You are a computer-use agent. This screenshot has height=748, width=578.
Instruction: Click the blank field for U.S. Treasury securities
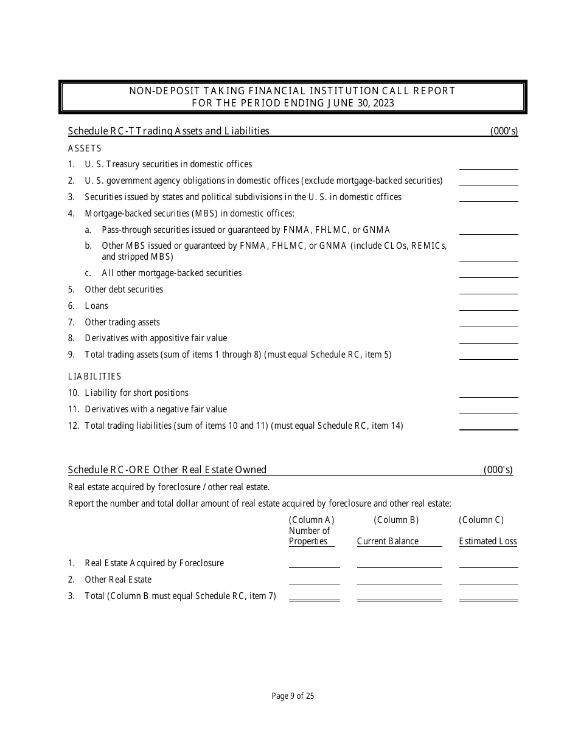tap(489, 164)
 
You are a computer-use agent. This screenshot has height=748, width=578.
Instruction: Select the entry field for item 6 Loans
tap(489, 306)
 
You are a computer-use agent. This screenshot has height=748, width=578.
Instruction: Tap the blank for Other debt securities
tap(489, 289)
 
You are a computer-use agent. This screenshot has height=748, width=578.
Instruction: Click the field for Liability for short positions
tap(489, 393)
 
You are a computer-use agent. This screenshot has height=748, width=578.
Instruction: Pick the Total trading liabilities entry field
tap(489, 425)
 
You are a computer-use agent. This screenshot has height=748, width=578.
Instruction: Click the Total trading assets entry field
tap(489, 354)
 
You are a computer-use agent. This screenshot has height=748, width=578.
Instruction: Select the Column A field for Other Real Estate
tap(314, 579)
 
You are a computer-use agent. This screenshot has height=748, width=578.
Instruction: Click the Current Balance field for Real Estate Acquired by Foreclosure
tap(399, 563)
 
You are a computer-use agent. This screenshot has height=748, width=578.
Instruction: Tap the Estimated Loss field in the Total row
tap(489, 595)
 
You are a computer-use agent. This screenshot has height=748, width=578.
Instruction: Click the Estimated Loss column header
tap(488, 541)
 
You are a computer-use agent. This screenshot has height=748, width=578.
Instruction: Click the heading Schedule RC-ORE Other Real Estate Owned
tap(167, 469)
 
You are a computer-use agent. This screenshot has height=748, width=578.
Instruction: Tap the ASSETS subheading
tap(85, 148)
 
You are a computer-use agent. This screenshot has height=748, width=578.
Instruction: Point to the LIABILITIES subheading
tap(95, 376)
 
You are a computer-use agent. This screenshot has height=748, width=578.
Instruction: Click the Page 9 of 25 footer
tap(293, 696)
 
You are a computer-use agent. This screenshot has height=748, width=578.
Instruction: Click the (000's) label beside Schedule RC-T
tap(504, 131)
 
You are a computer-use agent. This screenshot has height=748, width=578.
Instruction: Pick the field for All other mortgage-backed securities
tap(489, 273)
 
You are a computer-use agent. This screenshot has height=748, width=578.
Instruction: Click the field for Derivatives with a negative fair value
tap(489, 409)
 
